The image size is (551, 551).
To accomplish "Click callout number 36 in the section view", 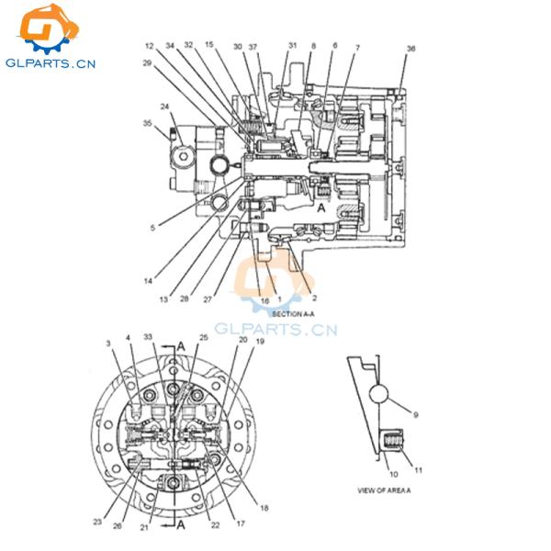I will (x=410, y=49).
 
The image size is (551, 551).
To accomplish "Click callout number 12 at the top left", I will (x=149, y=45).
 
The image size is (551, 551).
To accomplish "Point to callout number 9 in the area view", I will (x=416, y=415).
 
